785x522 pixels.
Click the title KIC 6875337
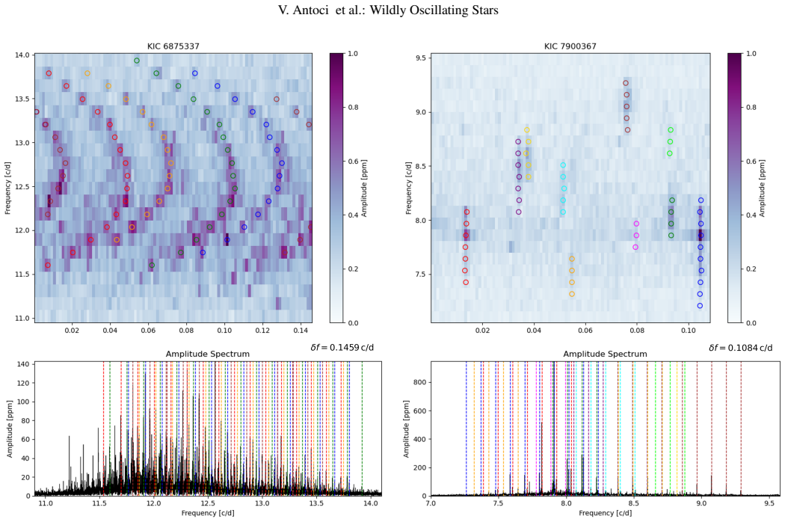pos(173,46)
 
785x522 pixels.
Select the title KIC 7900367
pos(570,46)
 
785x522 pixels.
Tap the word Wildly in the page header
pos(387,10)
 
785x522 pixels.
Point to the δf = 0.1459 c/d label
pos(342,347)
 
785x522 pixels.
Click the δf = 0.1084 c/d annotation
pos(740,347)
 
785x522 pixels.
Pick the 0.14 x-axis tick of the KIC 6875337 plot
pos(301,331)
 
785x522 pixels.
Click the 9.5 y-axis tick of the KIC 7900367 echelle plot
pos(421,58)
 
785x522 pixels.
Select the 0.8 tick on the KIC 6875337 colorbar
pos(353,107)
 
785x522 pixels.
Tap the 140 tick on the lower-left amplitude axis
pos(24,364)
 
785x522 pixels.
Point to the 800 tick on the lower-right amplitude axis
pos(419,382)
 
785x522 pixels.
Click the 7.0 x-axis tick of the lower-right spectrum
pos(431,503)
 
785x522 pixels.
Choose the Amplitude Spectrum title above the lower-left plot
pos(208,354)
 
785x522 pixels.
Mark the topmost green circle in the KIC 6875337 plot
pos(137,61)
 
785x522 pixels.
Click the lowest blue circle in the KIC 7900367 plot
pos(700,306)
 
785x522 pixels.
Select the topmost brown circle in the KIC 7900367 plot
pos(626,83)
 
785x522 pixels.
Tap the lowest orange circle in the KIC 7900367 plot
pos(572,294)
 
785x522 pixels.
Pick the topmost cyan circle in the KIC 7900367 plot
pos(563,165)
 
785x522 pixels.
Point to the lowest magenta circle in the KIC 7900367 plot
pos(635,247)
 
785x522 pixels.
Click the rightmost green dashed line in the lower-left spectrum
pos(362,429)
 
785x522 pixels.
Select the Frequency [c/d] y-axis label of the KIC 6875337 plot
pos(7,188)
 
